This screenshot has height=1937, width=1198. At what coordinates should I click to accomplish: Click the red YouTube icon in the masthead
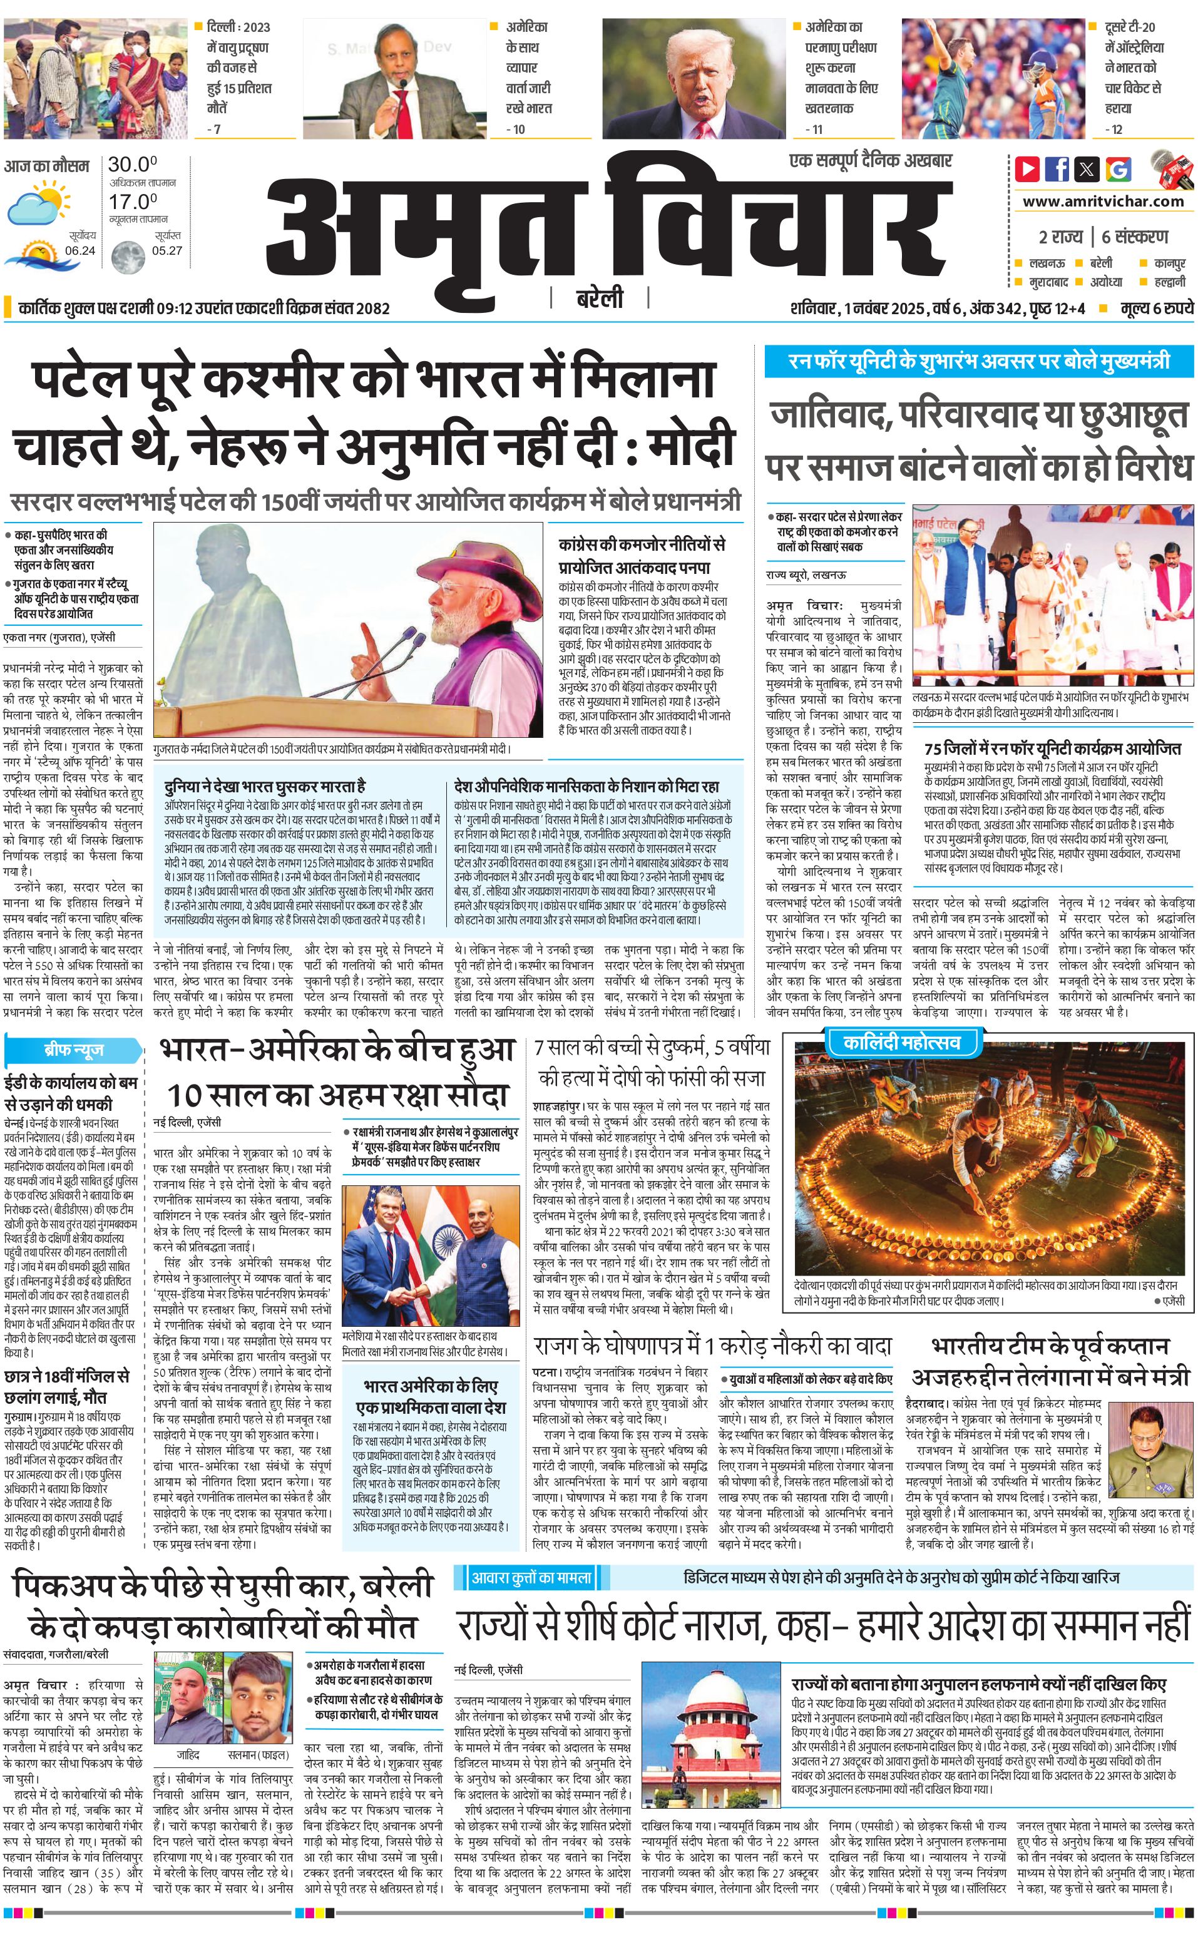click(1027, 169)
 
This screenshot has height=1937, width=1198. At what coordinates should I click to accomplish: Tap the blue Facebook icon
click(1057, 169)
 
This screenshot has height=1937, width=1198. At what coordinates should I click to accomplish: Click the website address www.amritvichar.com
click(1103, 202)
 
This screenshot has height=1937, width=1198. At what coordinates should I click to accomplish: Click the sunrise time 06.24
click(80, 250)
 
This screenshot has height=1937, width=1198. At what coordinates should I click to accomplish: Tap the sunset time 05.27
click(166, 250)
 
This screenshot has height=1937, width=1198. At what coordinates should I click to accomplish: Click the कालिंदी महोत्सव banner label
click(901, 1041)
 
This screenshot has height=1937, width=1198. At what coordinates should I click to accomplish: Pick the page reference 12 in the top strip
click(1117, 129)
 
